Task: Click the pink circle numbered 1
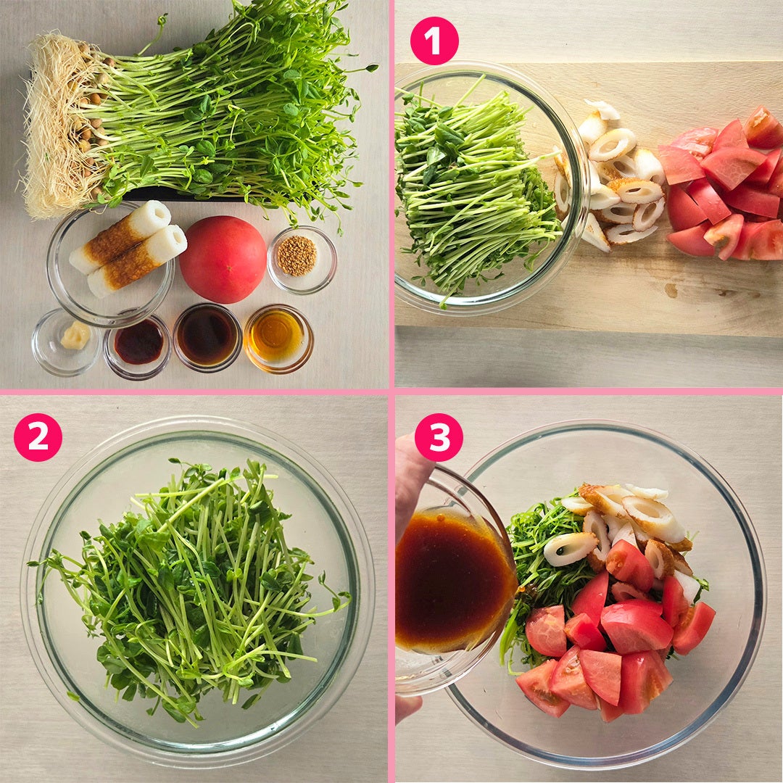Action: click(434, 41)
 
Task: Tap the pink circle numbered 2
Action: click(38, 437)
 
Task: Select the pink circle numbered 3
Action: click(439, 437)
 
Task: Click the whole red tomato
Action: click(223, 259)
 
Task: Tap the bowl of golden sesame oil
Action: click(278, 339)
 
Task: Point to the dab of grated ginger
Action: click(75, 335)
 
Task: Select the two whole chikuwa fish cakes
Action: click(128, 248)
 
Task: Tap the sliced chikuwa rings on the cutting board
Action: click(612, 178)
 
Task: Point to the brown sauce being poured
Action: click(452, 579)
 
